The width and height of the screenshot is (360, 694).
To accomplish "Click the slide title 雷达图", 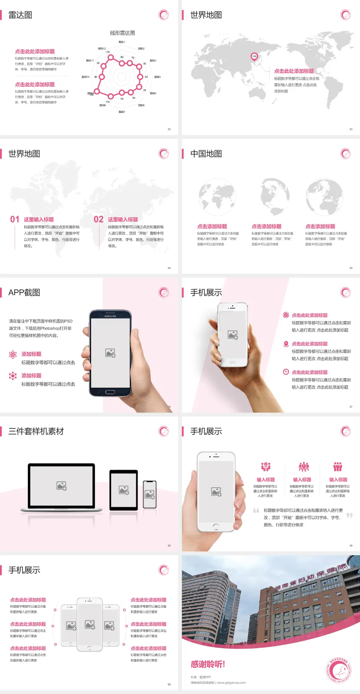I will click(20, 15).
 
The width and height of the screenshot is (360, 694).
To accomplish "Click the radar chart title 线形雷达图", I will click(122, 33).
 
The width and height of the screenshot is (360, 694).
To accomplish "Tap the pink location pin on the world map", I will click(254, 56).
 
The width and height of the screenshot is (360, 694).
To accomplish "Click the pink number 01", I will click(15, 219).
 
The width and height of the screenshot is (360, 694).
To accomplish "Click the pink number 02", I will click(99, 219).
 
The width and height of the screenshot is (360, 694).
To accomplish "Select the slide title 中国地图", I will click(206, 154).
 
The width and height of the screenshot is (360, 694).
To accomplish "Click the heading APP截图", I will click(24, 293).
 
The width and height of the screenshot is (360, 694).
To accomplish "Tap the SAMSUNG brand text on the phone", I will click(110, 316).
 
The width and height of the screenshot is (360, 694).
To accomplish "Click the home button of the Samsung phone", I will click(110, 392).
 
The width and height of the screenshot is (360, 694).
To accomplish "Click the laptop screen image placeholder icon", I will click(61, 486).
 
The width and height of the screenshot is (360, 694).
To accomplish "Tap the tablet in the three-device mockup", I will click(124, 490).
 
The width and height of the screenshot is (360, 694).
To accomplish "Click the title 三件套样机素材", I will click(36, 431).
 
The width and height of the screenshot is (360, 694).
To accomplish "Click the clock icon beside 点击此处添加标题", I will click(286, 372).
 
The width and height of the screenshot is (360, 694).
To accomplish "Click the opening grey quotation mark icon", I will click(256, 511).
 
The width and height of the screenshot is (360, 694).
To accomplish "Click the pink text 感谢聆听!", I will click(208, 664).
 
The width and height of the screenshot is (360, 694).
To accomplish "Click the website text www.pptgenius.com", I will click(231, 683).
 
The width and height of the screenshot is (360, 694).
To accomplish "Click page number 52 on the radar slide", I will click(169, 129).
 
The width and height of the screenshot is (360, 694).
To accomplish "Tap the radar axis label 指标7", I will click(122, 112).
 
